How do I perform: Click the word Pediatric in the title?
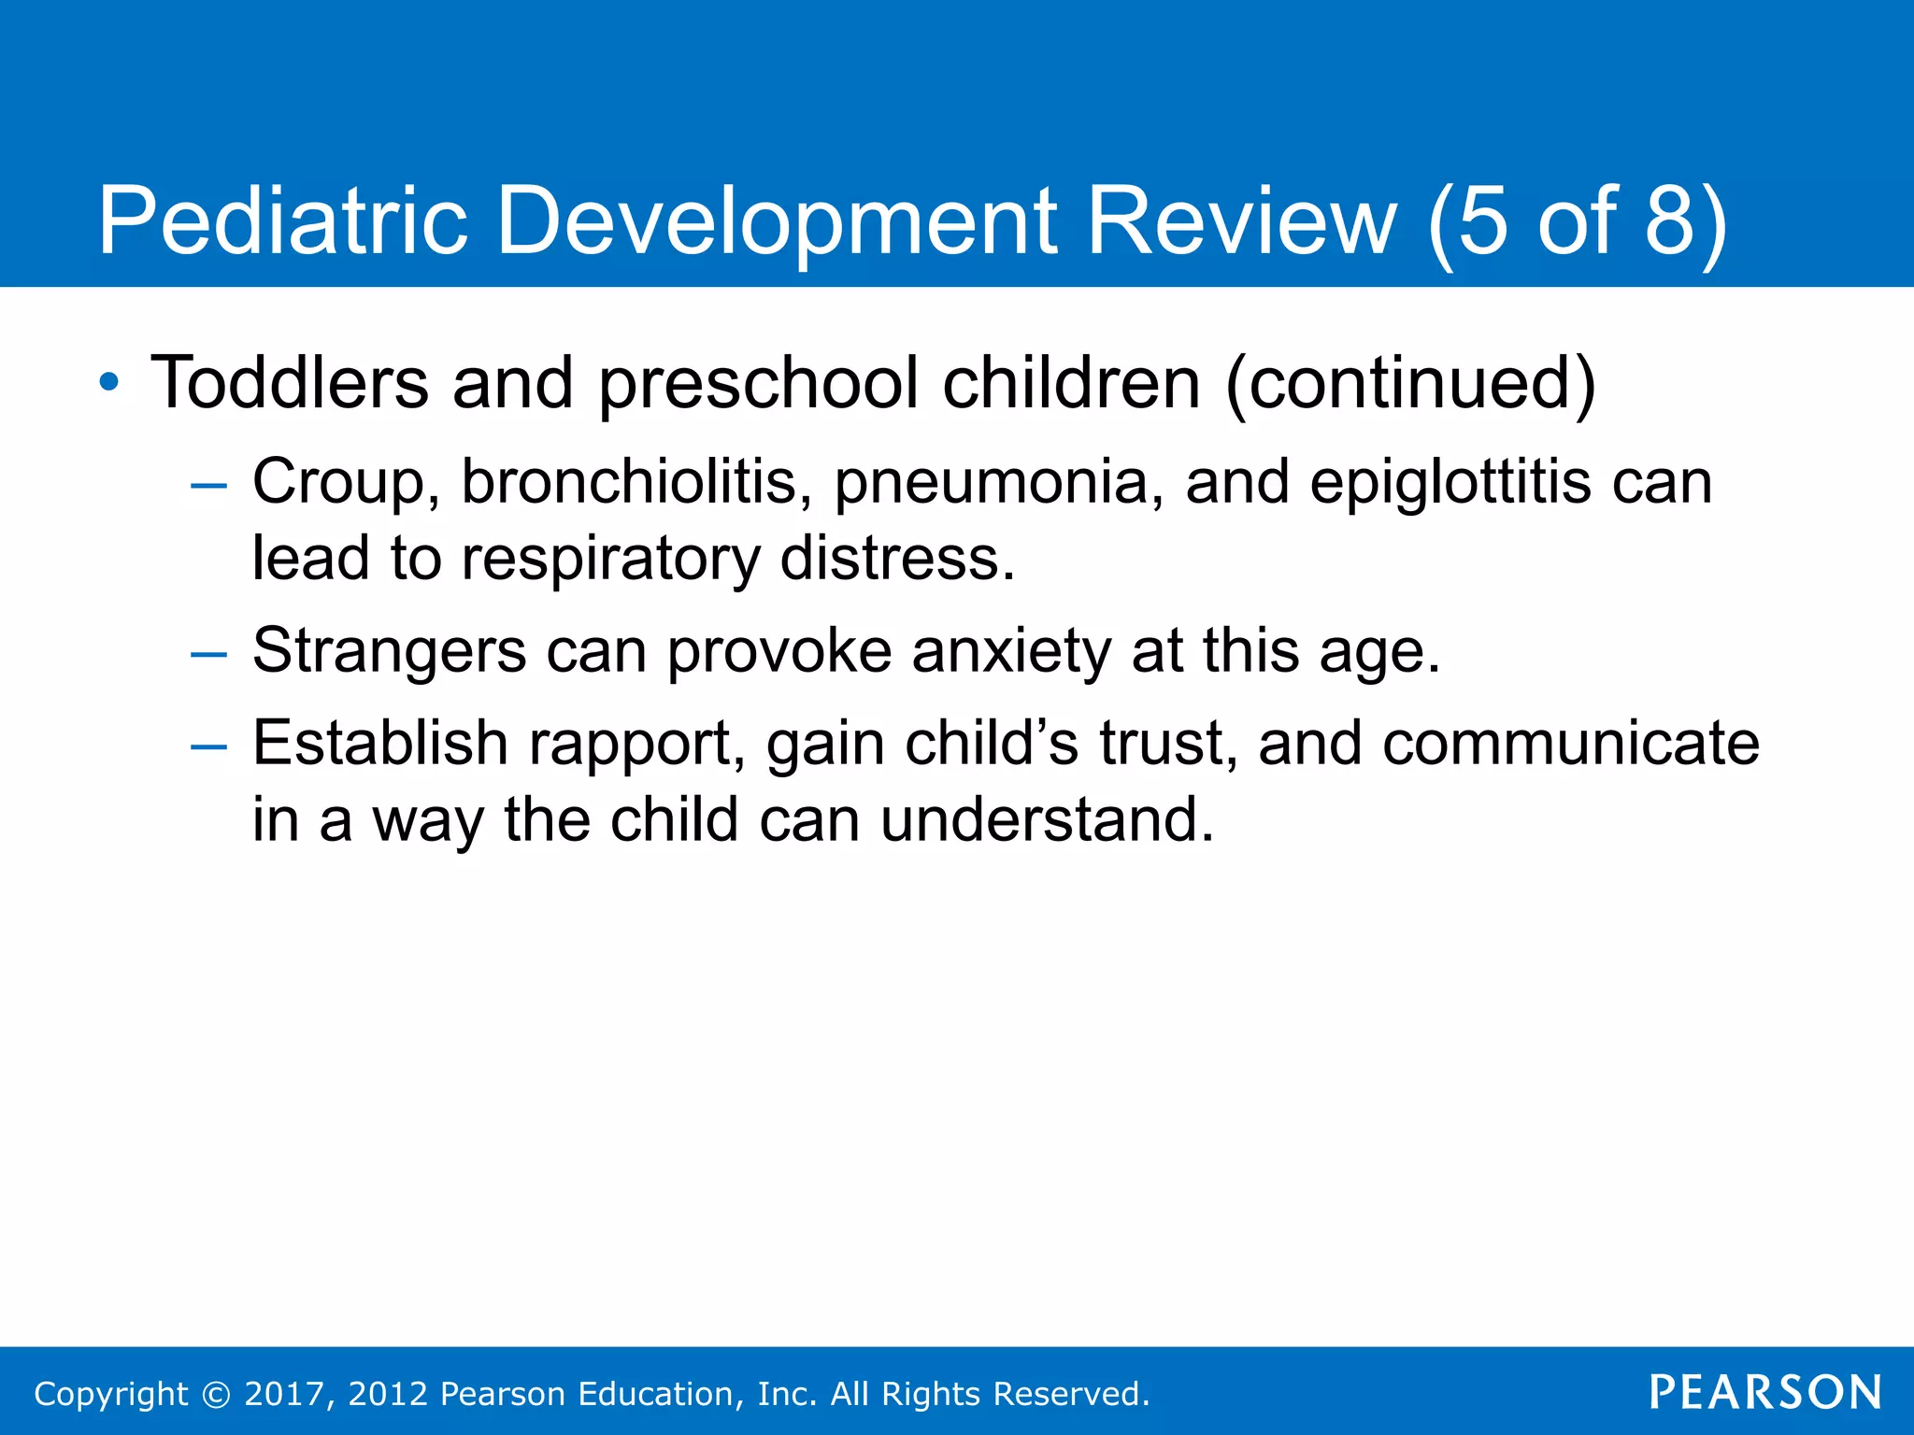(x=282, y=221)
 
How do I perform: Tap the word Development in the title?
(x=777, y=221)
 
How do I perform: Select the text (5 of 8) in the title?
(x=1577, y=221)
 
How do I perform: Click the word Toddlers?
(x=290, y=383)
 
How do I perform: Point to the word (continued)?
(x=1409, y=383)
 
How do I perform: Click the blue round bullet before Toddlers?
(x=109, y=382)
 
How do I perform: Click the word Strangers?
(x=389, y=651)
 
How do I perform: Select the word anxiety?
(x=1011, y=651)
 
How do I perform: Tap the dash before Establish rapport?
(x=207, y=746)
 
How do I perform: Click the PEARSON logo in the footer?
(x=1764, y=1392)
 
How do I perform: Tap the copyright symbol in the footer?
(x=216, y=1394)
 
